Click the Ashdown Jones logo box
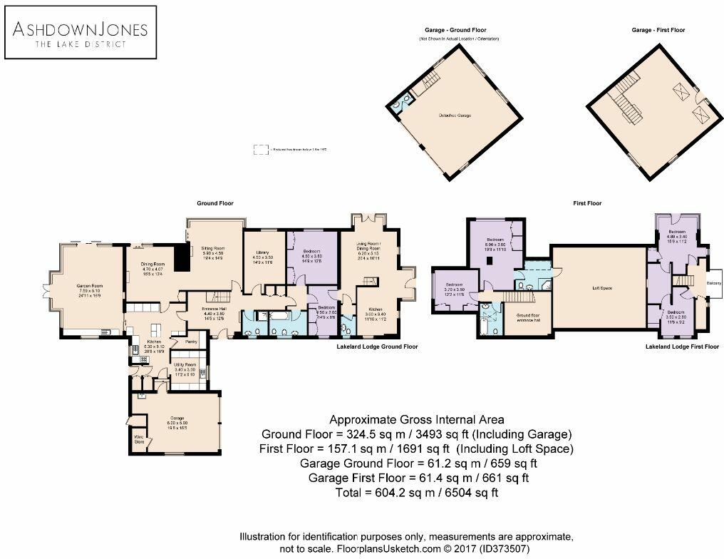point(81,32)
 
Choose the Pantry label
point(191,342)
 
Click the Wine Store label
point(139,440)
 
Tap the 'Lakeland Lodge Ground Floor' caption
point(377,347)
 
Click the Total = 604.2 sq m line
point(417,493)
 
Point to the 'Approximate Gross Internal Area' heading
point(417,419)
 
